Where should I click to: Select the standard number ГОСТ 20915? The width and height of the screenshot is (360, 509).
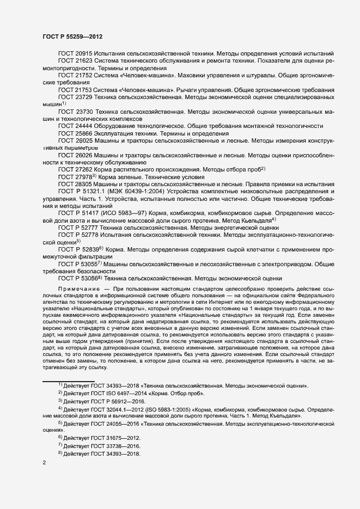pos(75,55)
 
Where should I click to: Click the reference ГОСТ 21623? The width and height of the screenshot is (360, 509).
pos(75,62)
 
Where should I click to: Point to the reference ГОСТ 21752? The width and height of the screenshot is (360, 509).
pos(75,76)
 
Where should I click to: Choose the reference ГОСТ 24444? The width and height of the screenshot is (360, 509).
pos(75,126)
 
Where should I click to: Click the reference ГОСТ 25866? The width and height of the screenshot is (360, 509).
pos(75,133)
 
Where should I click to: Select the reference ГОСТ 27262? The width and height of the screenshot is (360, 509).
pos(75,169)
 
